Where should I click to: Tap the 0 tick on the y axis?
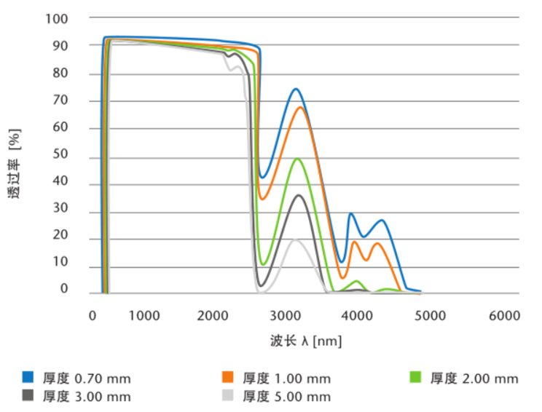tap(64, 288)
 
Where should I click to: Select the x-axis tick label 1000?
tap(144, 316)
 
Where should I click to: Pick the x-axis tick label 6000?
tap(504, 316)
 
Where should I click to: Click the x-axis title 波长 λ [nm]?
tap(305, 340)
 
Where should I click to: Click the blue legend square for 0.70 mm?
tap(28, 377)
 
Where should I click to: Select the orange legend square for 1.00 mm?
tap(228, 377)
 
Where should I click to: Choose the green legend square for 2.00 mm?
tap(416, 377)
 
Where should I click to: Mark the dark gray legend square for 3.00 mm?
tap(28, 395)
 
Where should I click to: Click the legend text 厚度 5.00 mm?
tap(286, 396)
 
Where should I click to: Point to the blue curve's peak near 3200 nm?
tap(296, 89)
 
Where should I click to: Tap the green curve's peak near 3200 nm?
tap(298, 159)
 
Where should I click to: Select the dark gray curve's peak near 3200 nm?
tap(299, 194)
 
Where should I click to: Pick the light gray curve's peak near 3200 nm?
tap(296, 239)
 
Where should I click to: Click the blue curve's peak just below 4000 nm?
tap(351, 213)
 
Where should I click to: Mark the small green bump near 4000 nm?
tap(356, 281)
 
